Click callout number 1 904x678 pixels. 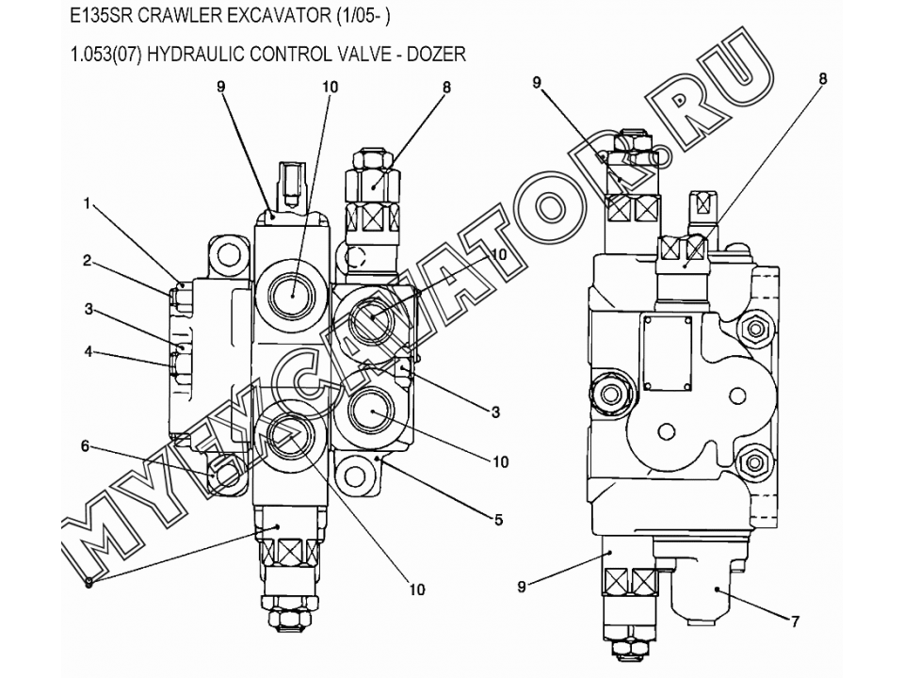tap(87, 203)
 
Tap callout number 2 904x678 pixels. tap(87, 261)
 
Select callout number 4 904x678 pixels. tap(89, 350)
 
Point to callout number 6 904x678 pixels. tap(86, 445)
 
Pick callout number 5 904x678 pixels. tap(499, 520)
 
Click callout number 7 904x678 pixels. tap(795, 621)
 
